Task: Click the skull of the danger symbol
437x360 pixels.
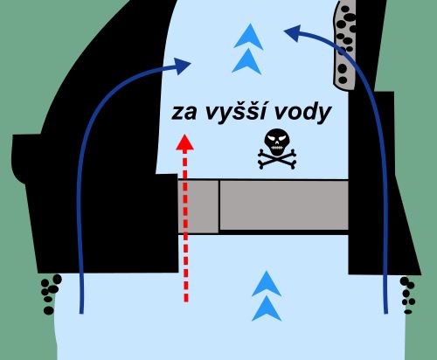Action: click(277, 142)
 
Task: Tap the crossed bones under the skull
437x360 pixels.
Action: click(277, 159)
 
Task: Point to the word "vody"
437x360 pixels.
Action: click(302, 112)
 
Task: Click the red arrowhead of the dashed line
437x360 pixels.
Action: click(184, 142)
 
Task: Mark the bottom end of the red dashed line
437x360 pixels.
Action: click(186, 301)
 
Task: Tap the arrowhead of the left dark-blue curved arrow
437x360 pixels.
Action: click(182, 66)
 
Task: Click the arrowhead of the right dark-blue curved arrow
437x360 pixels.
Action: click(292, 32)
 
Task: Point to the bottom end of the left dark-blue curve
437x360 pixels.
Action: click(81, 313)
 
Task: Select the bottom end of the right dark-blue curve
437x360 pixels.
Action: click(386, 313)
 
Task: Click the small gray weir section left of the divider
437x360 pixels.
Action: click(198, 206)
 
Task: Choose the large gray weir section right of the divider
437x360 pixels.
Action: click(284, 204)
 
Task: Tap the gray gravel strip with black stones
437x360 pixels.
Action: click(344, 44)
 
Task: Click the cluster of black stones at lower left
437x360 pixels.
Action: click(51, 294)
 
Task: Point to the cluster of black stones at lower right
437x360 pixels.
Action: click(407, 295)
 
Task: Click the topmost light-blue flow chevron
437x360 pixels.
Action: click(249, 37)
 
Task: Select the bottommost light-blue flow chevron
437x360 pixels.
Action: click(267, 308)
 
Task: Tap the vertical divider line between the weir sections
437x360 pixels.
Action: click(219, 205)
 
